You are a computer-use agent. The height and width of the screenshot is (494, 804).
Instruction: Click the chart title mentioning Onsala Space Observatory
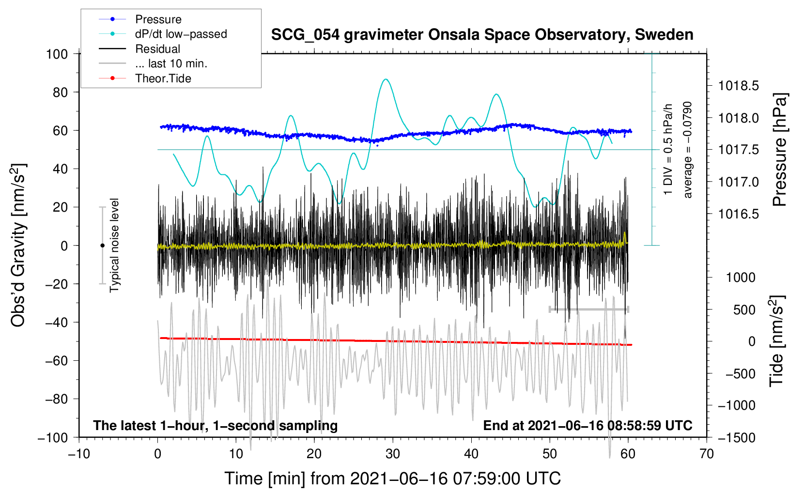tap(482, 35)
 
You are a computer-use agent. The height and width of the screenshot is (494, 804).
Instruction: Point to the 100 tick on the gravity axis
tap(57, 54)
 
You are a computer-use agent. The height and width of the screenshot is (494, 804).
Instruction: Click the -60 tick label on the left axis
tap(57, 360)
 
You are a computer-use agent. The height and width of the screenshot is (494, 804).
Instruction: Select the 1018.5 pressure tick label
tap(738, 86)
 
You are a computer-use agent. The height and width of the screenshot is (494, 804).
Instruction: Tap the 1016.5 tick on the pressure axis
tap(738, 214)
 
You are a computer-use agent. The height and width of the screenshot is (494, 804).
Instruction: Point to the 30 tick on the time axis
tap(393, 454)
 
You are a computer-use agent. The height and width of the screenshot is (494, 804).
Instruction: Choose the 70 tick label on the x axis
tap(706, 454)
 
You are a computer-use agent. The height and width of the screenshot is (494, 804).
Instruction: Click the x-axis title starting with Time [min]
tap(393, 479)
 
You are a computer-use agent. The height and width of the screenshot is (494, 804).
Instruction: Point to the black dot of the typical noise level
tap(102, 246)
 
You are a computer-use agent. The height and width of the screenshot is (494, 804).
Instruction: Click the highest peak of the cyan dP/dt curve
tap(386, 79)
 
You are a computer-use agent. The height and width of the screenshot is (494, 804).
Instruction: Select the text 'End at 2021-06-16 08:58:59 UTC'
tap(588, 425)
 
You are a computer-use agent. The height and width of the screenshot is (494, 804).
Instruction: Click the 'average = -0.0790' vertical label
tap(687, 150)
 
